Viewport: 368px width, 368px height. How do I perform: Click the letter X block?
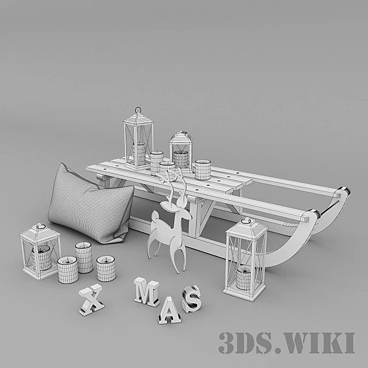tap(91, 300)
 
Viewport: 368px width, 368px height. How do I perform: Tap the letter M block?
tap(147, 292)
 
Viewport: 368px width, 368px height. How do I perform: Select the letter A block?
tap(170, 310)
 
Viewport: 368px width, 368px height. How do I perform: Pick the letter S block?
tap(191, 299)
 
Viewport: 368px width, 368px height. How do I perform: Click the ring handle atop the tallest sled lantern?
tap(138, 110)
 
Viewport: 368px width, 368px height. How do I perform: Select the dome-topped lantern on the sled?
tap(181, 150)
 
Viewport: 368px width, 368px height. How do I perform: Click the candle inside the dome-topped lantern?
tap(181, 159)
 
